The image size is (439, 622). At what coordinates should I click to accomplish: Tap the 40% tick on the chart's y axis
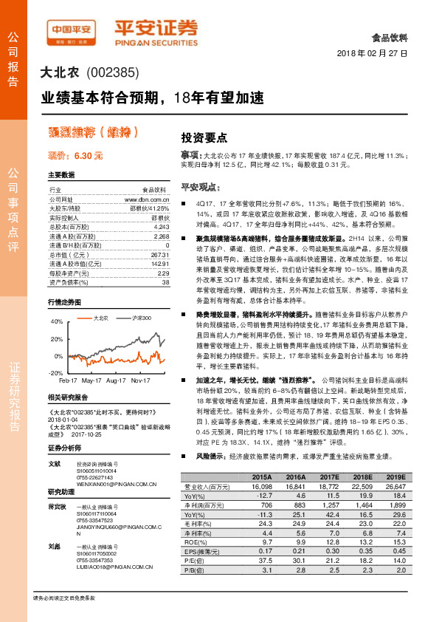click(56, 322)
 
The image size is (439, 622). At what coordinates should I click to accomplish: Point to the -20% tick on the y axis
click(56, 374)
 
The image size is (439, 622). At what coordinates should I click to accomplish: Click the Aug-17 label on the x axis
click(117, 381)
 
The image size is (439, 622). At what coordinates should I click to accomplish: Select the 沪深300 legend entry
click(141, 318)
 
